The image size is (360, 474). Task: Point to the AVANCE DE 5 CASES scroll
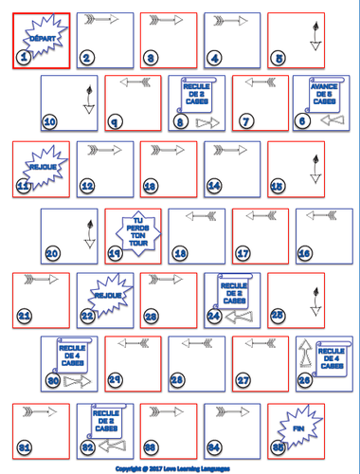[x=325, y=97]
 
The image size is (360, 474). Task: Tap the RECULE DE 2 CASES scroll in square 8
[x=194, y=94]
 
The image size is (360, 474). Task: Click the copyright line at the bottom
[x=179, y=468]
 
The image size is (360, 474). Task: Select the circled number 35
[x=276, y=447]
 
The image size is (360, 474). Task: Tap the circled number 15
[x=276, y=187]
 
